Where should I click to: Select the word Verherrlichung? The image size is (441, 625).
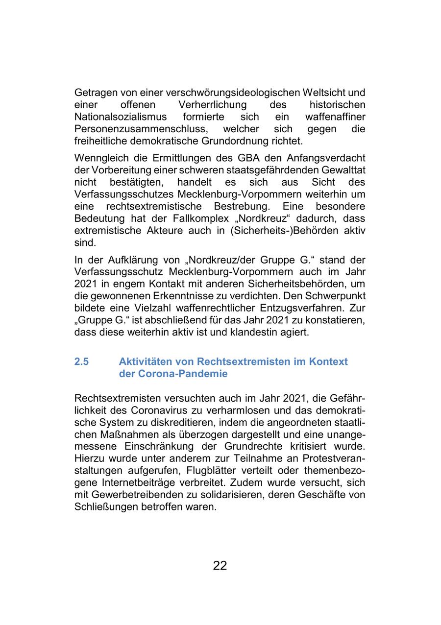pyautogui.click(x=213, y=105)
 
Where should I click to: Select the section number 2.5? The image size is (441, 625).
pyautogui.click(x=82, y=361)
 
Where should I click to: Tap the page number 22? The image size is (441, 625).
pyautogui.click(x=220, y=566)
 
